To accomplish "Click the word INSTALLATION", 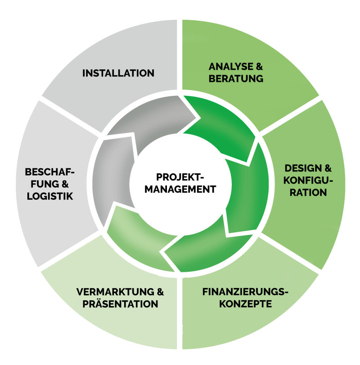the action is click(x=118, y=73).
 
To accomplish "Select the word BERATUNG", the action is click(x=236, y=79).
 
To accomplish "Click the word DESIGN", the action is click(x=302, y=168).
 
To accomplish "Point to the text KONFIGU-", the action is click(x=308, y=180).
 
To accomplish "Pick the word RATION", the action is click(x=308, y=193).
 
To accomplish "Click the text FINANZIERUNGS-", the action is click(x=245, y=292).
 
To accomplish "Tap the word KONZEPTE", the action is click(x=246, y=304).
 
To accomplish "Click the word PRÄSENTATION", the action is click(x=120, y=304).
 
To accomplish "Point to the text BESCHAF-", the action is click(x=49, y=172).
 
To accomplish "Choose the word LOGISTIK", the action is click(x=50, y=196).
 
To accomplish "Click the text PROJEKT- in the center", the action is click(x=180, y=177).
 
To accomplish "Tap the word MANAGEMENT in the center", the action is click(x=180, y=189).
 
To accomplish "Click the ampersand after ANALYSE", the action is click(x=259, y=67).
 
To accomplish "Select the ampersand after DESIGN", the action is click(x=328, y=168).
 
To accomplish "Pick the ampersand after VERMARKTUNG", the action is click(x=160, y=292).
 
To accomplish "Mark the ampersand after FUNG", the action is click(x=65, y=184).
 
